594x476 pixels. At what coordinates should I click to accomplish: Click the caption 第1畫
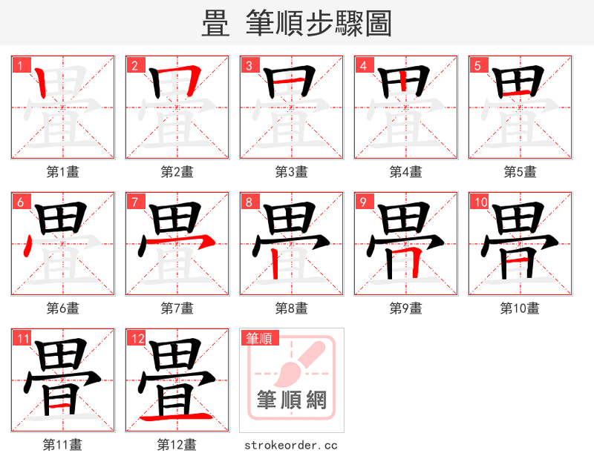(x=63, y=172)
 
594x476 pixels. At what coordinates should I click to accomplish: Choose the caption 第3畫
(x=292, y=172)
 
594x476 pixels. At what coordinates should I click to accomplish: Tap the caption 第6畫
(x=63, y=308)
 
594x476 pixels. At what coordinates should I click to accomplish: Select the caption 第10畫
(x=520, y=308)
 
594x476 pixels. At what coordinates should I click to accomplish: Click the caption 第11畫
(x=63, y=445)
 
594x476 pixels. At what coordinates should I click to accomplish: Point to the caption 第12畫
(x=177, y=445)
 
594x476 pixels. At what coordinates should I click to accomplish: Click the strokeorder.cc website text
(x=291, y=446)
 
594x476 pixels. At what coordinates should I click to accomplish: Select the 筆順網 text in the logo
(x=292, y=400)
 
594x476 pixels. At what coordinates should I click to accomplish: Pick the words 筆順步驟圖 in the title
(x=319, y=24)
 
